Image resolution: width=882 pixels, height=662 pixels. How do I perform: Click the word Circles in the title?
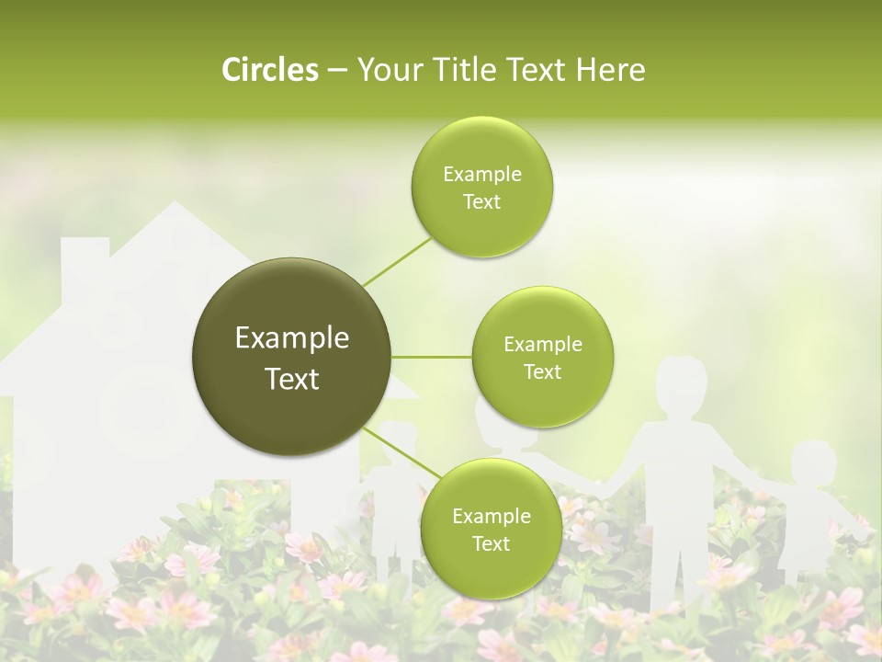click(269, 70)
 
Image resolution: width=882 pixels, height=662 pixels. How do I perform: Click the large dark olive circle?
click(291, 357)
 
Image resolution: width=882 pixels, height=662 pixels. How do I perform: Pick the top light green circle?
click(481, 188)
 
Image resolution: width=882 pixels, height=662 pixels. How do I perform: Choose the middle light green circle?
click(542, 357)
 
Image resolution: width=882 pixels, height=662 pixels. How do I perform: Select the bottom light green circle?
click(491, 529)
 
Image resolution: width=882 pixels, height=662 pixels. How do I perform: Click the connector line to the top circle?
click(397, 261)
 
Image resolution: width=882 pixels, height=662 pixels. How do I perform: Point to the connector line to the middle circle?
click(431, 357)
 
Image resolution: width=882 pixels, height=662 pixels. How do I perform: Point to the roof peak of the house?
click(172, 206)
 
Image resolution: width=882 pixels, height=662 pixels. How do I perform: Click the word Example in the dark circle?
click(291, 338)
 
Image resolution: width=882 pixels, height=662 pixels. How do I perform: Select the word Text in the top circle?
click(481, 202)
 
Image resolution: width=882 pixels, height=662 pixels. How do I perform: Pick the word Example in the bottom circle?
click(491, 516)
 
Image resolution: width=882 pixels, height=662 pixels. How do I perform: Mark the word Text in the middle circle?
click(542, 371)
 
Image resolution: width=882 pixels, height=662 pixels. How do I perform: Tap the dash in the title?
click(337, 70)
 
